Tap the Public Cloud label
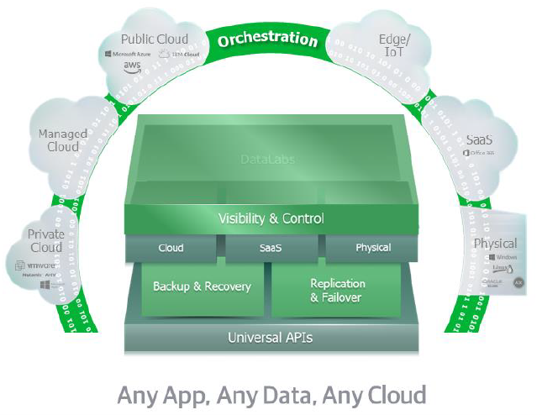(x=154, y=39)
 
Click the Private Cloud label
(x=45, y=240)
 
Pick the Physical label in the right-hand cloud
(x=495, y=244)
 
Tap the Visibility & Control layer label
(x=271, y=219)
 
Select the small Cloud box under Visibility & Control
(x=171, y=248)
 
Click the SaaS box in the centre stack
(x=270, y=248)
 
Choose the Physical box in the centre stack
(x=373, y=248)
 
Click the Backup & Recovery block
(x=202, y=286)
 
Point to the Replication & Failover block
(x=337, y=290)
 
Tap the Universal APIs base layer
(x=271, y=339)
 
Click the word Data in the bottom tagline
(x=287, y=394)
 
